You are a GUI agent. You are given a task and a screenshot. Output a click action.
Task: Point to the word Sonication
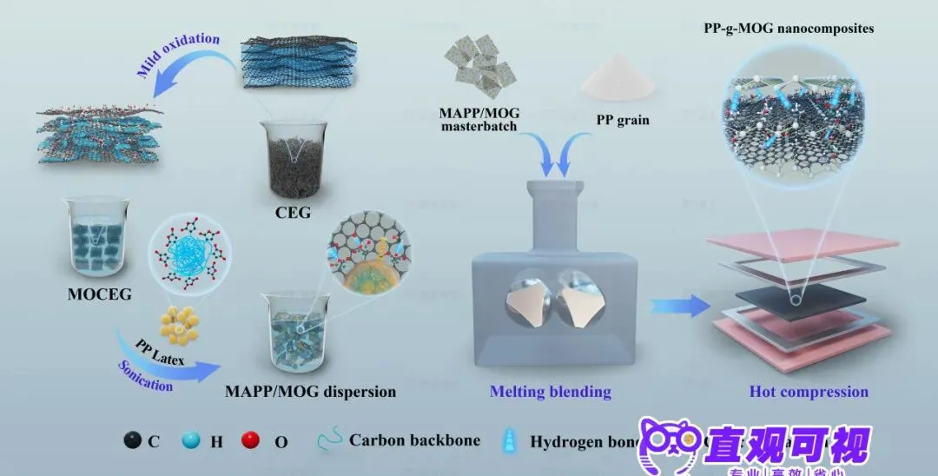pos(145,374)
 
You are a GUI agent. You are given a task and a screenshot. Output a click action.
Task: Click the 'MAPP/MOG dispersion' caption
pos(310,392)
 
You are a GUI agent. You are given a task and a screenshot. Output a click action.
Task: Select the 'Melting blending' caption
pos(550,392)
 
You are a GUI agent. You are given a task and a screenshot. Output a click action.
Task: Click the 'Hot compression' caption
pos(809,392)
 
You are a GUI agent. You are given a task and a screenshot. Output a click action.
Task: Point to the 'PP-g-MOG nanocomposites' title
pos(789,29)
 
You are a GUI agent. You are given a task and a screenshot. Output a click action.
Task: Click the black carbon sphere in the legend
pos(132,440)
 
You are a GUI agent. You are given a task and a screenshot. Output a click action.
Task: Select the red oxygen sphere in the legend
pos(251,440)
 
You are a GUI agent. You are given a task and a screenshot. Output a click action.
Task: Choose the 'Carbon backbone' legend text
pos(414,440)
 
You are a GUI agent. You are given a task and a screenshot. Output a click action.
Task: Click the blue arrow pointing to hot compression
pos(677,305)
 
